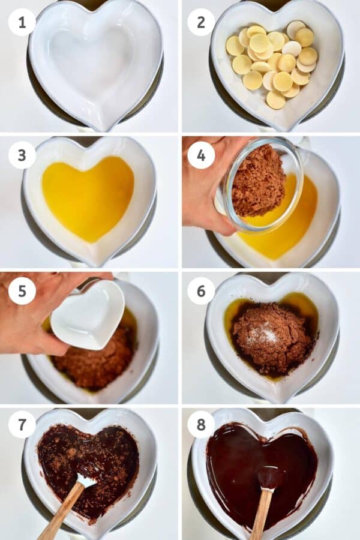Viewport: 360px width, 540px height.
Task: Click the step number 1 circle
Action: pyautogui.click(x=22, y=22)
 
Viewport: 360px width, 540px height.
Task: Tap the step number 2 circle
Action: pyautogui.click(x=201, y=22)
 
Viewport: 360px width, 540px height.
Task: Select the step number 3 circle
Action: pyautogui.click(x=22, y=155)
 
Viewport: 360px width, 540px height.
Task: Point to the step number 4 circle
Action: pyautogui.click(x=201, y=155)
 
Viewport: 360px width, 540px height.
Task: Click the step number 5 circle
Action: pyautogui.click(x=22, y=291)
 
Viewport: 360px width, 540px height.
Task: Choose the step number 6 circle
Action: pyautogui.click(x=201, y=291)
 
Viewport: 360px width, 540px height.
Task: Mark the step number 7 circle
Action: pyautogui.click(x=22, y=425)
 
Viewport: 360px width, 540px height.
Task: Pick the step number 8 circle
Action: pyautogui.click(x=201, y=425)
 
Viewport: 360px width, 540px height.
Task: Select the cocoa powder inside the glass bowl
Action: pyautogui.click(x=258, y=180)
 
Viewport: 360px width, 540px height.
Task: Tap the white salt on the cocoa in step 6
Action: pyautogui.click(x=264, y=333)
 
